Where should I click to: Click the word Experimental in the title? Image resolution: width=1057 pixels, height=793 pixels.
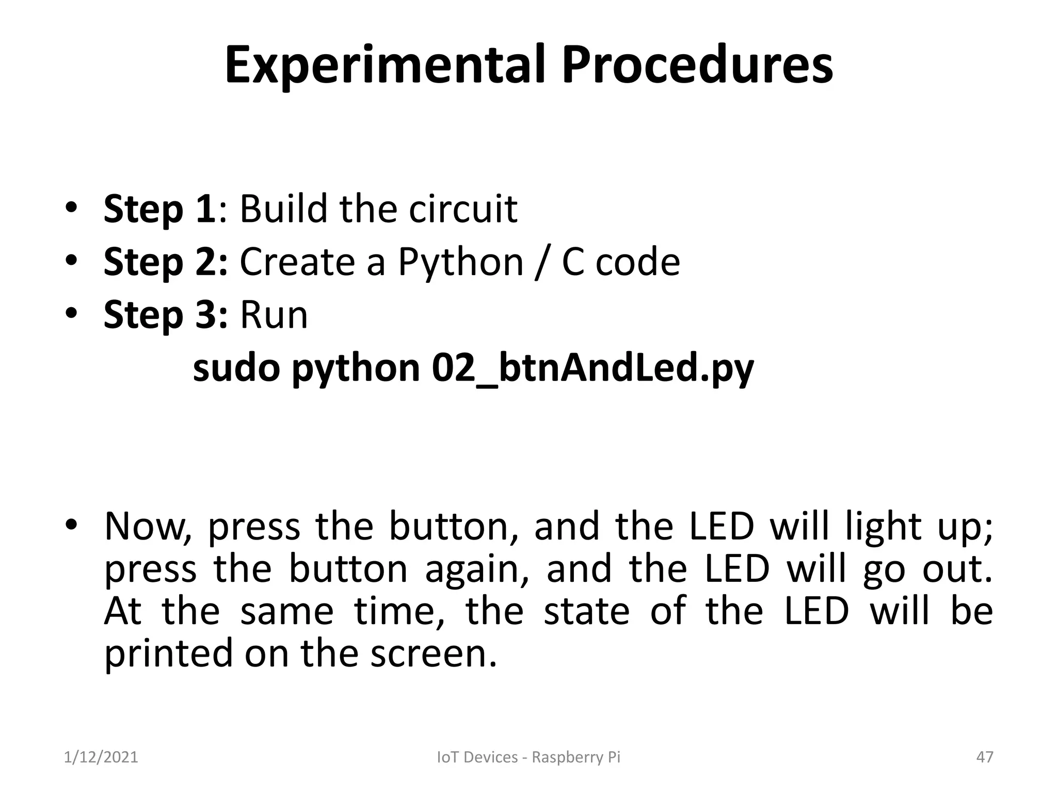point(385,66)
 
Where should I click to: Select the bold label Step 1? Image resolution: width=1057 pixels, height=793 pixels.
point(159,209)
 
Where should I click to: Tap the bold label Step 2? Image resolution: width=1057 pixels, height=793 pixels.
point(165,262)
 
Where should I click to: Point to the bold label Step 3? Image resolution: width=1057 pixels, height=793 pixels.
point(165,315)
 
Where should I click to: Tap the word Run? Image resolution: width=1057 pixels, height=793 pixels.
point(274,315)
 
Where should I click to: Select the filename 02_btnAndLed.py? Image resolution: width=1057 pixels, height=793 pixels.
point(593,369)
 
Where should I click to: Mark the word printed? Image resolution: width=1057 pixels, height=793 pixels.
point(169,653)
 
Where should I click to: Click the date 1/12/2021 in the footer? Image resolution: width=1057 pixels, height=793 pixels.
point(101,757)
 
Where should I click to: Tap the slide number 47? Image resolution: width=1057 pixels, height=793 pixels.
point(985,757)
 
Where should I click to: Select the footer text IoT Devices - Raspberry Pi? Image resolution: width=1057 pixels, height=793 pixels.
point(528,757)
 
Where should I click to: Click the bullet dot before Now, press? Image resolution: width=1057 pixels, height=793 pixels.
point(71,525)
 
